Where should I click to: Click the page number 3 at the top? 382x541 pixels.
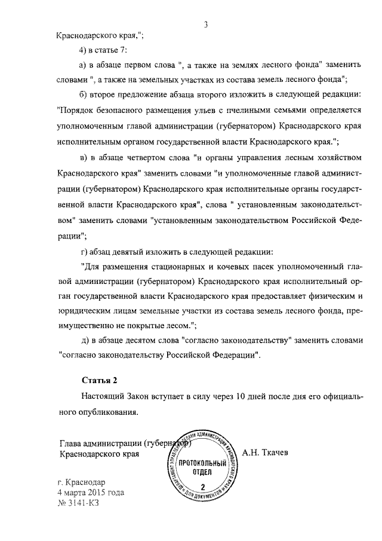tap(205, 25)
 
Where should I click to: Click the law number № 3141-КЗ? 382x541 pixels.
tap(78, 503)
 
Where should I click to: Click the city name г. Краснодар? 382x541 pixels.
tap(81, 482)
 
